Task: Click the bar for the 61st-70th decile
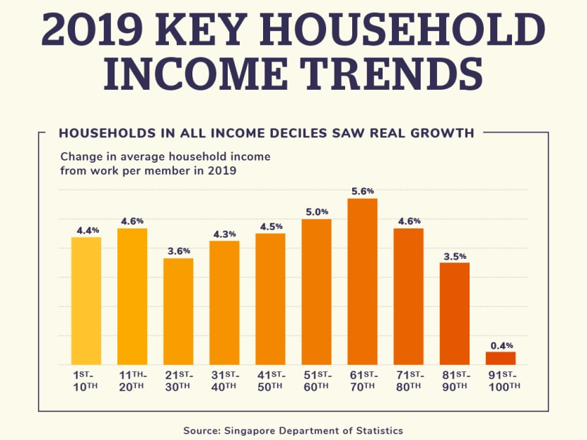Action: point(362,282)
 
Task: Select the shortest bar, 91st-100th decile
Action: point(501,358)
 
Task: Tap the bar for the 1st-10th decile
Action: point(86,301)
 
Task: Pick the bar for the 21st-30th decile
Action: point(178,311)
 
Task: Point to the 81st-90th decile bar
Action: point(454,313)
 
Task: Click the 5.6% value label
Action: point(362,191)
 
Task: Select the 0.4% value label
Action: point(501,345)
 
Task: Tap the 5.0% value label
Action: point(316,212)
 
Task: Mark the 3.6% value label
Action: point(178,250)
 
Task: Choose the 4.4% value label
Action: point(86,230)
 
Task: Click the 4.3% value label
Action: point(224,233)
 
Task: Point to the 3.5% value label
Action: point(454,255)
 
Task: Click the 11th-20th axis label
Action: point(132,380)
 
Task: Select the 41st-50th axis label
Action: point(270,380)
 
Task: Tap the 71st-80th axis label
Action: point(408,380)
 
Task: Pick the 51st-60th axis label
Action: point(316,380)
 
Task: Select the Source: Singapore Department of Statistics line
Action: point(293,430)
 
